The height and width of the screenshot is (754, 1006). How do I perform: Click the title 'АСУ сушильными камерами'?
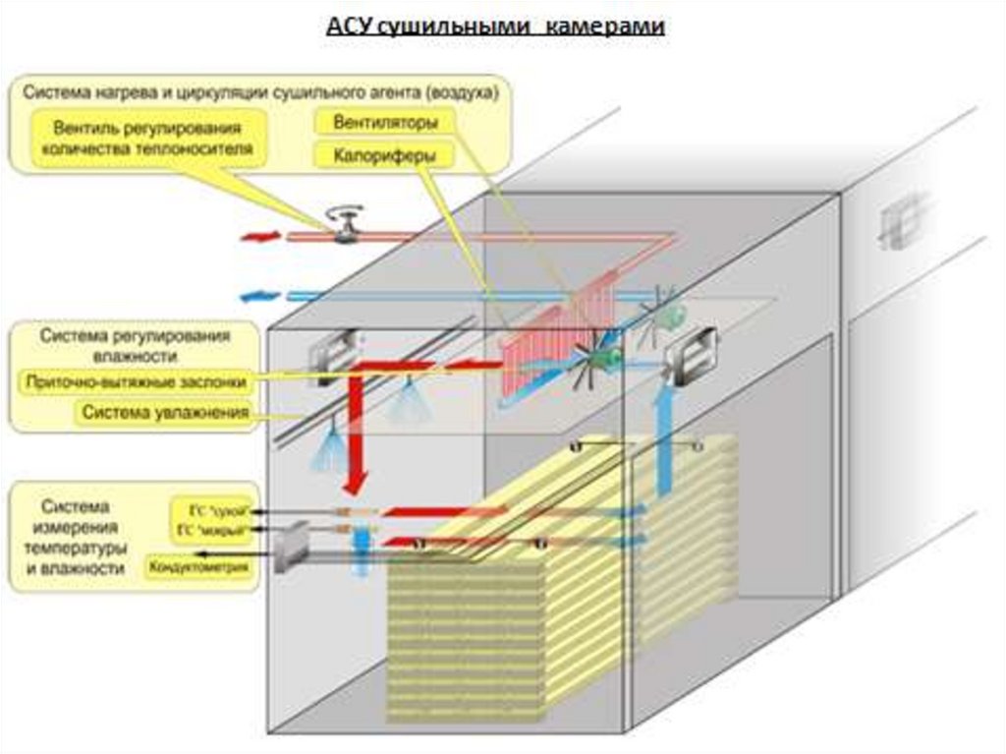495,27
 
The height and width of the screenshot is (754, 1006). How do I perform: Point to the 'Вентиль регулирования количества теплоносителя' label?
148,138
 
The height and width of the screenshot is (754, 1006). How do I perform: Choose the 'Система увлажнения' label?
164,413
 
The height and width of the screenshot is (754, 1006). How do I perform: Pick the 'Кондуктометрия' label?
197,567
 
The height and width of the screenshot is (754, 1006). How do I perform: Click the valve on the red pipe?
345,227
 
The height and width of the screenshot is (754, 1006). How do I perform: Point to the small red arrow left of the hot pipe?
259,237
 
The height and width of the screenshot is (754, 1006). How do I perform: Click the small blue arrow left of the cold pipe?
259,295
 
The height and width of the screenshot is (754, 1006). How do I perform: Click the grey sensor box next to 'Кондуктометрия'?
294,546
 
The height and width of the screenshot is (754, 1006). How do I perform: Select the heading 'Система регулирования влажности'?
136,344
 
